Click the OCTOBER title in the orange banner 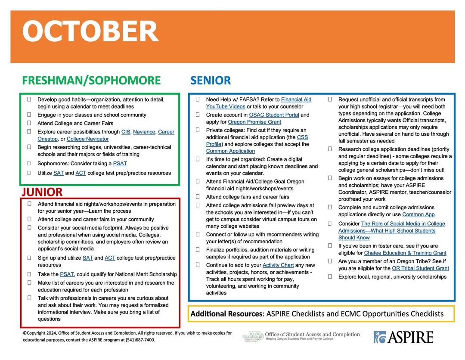coord(90,31)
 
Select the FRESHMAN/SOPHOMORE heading coord(91,81)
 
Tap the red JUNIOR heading coord(42,192)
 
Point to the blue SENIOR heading coord(211,81)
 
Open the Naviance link coord(144,132)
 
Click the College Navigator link coord(87,139)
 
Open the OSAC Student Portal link coord(274,115)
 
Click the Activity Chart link coord(278,265)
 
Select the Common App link coord(418,214)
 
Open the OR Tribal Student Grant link coord(420,268)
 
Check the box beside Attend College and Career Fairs coord(29,123)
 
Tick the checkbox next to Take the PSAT coord(29,274)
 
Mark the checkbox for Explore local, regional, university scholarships coord(330,276)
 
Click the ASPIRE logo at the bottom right coord(403,337)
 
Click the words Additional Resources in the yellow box coord(226,314)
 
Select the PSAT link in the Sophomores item coord(120,164)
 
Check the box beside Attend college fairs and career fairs coord(198,197)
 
